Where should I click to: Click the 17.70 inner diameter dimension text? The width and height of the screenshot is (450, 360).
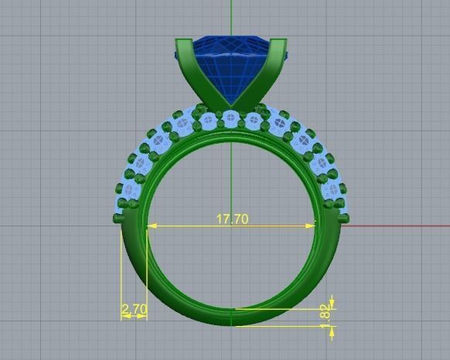click(232, 219)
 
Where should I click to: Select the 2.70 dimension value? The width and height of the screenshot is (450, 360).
click(135, 309)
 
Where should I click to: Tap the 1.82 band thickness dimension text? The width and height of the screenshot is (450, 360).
click(325, 312)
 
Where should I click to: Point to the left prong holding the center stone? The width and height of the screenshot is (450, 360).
click(192, 73)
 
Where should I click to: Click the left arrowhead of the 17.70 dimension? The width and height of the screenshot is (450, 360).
click(150, 226)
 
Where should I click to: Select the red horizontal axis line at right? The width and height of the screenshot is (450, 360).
click(394, 226)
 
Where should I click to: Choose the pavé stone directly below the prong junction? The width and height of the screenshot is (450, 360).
click(232, 121)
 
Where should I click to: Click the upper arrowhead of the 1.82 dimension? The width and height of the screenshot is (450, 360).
click(332, 302)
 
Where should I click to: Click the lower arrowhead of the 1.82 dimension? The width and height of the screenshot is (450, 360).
click(332, 331)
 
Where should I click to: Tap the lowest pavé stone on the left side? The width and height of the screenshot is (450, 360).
click(122, 205)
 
